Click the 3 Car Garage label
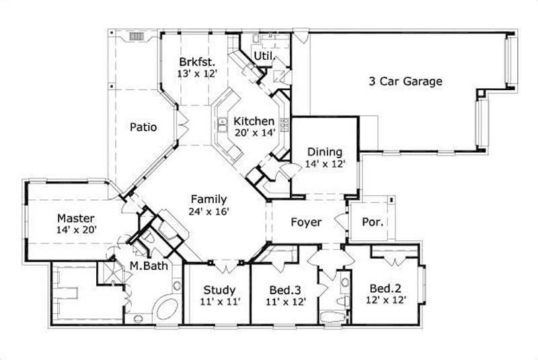click(405, 81)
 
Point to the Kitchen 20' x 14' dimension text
click(254, 133)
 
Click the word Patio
click(143, 126)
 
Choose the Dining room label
click(325, 152)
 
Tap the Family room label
click(208, 199)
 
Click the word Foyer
click(306, 222)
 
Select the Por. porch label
click(373, 222)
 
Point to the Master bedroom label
click(75, 219)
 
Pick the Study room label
click(219, 290)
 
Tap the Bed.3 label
click(286, 290)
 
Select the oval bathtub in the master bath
click(165, 310)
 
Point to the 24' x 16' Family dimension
click(209, 211)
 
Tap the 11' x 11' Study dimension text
click(219, 302)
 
